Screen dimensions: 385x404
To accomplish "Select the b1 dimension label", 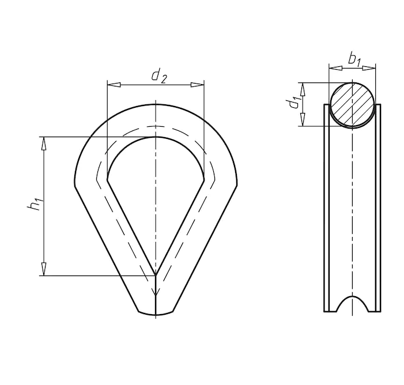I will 354,58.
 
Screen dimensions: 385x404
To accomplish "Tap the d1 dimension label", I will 294,103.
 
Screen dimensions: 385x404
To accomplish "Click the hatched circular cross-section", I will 352,104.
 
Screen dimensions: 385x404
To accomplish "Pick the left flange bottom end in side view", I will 327,311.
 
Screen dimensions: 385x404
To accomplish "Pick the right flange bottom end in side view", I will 377,311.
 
